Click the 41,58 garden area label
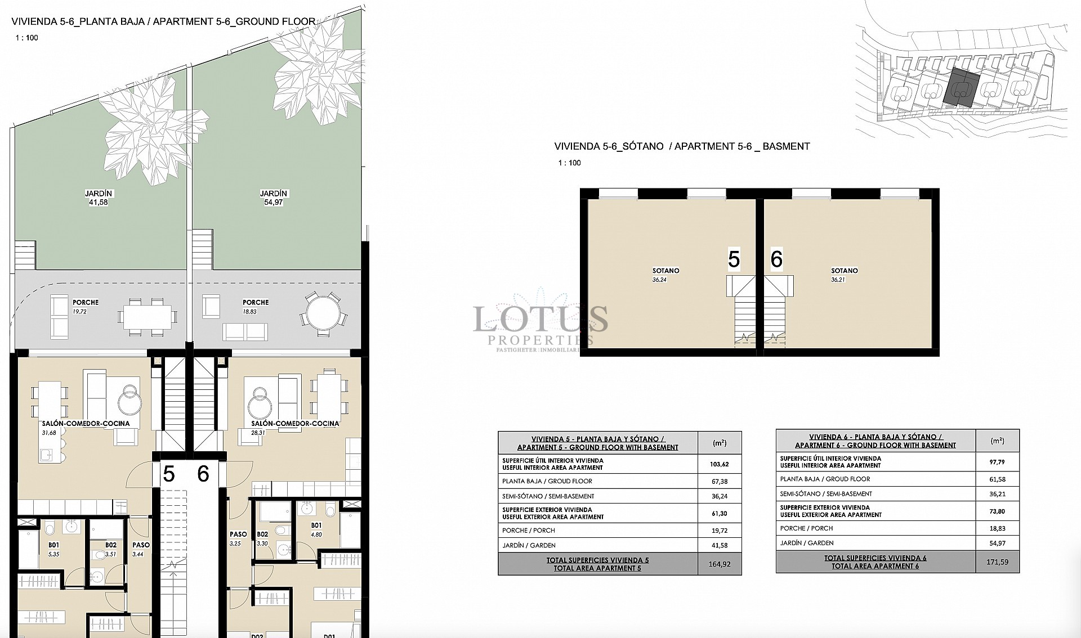click(98, 202)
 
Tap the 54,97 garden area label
click(274, 202)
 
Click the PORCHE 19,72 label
click(86, 306)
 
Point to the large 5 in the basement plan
click(733, 259)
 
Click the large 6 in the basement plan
click(776, 259)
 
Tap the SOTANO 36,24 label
click(665, 275)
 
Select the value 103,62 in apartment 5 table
click(720, 464)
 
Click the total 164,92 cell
click(720, 564)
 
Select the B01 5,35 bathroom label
click(54, 549)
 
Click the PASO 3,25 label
click(238, 538)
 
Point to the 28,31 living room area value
click(258, 433)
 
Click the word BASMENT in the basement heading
click(786, 146)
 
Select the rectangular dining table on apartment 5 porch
click(147, 317)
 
